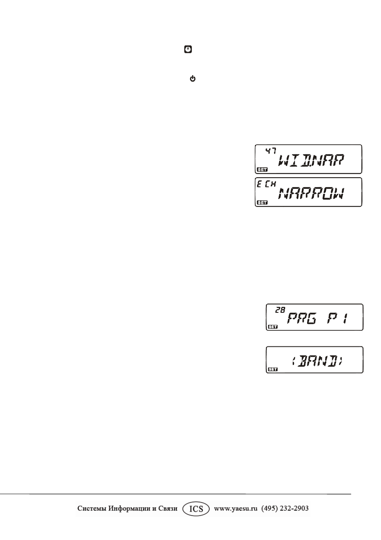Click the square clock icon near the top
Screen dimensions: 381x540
point(188,49)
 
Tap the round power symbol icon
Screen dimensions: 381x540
point(192,78)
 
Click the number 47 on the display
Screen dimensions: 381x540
point(270,151)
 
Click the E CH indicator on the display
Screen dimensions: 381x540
point(266,184)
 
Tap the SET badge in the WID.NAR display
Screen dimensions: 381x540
point(262,170)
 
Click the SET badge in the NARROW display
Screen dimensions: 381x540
point(262,202)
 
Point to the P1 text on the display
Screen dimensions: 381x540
point(337,319)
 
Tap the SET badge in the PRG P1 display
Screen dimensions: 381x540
point(273,327)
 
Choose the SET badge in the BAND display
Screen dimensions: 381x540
point(273,369)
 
